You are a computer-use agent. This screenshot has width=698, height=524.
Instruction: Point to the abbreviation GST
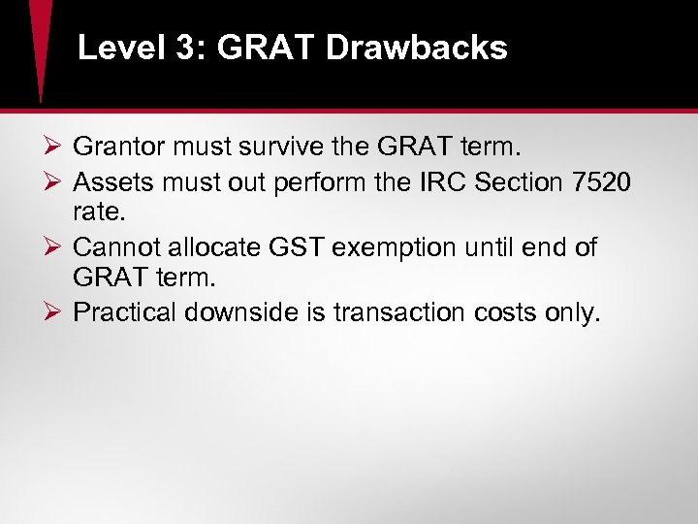point(297,247)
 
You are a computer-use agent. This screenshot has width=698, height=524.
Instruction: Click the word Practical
point(123,313)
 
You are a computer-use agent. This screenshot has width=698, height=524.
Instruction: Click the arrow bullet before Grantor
point(53,148)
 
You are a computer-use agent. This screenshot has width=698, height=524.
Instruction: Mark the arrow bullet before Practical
point(53,313)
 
